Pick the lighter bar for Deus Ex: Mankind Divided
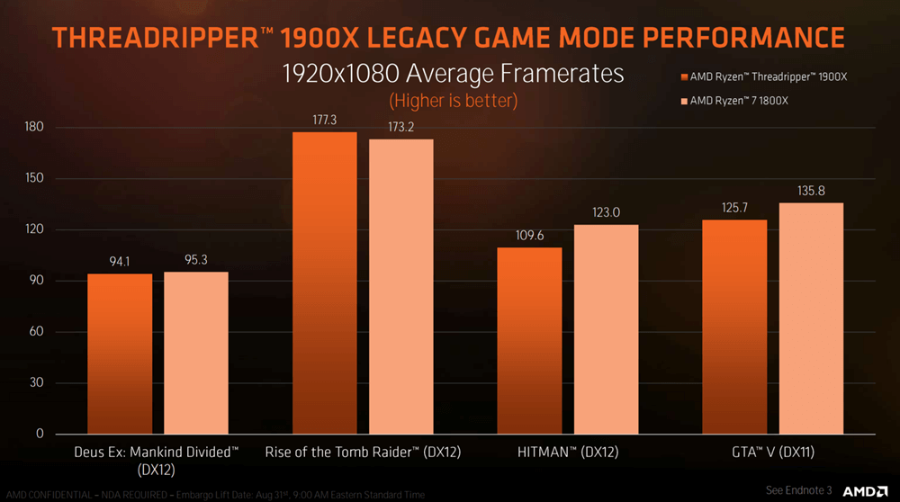(x=195, y=352)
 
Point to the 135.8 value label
(x=811, y=193)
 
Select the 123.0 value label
(x=606, y=214)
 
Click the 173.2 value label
(x=400, y=129)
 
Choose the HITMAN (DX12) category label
(x=567, y=452)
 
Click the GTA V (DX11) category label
(x=772, y=452)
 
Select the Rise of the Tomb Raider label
(x=363, y=452)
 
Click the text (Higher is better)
(x=453, y=99)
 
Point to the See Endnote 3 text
(x=799, y=490)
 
